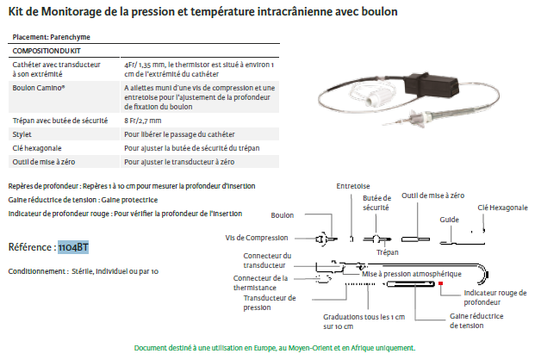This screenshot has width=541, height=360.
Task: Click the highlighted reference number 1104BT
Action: [x=73, y=248]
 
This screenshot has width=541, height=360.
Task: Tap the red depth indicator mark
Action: [x=440, y=282]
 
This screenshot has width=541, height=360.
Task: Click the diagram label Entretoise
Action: [x=353, y=184]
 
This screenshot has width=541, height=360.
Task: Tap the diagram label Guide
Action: [x=449, y=220]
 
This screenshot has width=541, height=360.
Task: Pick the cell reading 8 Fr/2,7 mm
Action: [x=143, y=121]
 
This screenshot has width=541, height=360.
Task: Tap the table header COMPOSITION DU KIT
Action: [x=44, y=50]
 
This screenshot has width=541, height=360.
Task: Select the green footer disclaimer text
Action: [x=274, y=348]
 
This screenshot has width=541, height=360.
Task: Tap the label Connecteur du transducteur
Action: [x=266, y=259]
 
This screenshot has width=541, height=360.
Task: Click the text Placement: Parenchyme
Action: [x=52, y=37]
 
